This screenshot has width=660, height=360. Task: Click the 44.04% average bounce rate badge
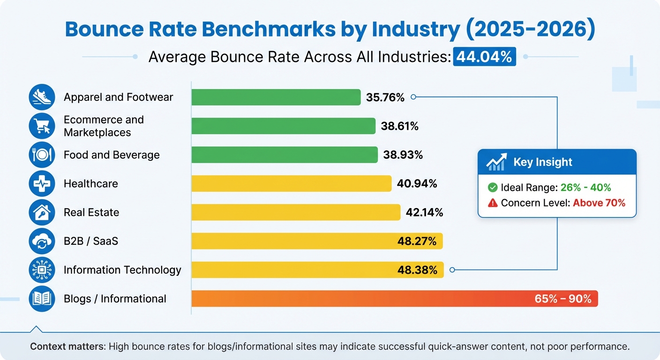pos(484,57)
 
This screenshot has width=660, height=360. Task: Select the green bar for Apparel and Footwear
pos(276,97)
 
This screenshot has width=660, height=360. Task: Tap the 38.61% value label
pos(399,126)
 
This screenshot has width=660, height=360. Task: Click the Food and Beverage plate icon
pos(42,155)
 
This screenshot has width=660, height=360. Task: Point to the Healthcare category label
pos(90,184)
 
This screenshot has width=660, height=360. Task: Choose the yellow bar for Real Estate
pos(295,212)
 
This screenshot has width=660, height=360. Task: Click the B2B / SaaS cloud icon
pos(42,241)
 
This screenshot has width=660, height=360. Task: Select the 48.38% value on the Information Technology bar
pos(417,270)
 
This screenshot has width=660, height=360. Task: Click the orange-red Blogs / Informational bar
pos(356,299)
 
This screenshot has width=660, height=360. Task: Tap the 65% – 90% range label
pos(563,299)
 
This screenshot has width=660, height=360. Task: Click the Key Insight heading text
pos(543,162)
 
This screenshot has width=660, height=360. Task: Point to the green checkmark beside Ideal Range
pos(492,187)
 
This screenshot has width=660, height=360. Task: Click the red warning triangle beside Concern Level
pos(492,203)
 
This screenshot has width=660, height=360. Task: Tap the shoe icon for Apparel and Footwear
pos(42,97)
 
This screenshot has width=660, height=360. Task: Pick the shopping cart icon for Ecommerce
pos(42,126)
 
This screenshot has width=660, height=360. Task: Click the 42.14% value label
pos(424,212)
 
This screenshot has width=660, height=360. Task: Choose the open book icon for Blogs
pos(42,299)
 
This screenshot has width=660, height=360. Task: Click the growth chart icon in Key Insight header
pos(496,162)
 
